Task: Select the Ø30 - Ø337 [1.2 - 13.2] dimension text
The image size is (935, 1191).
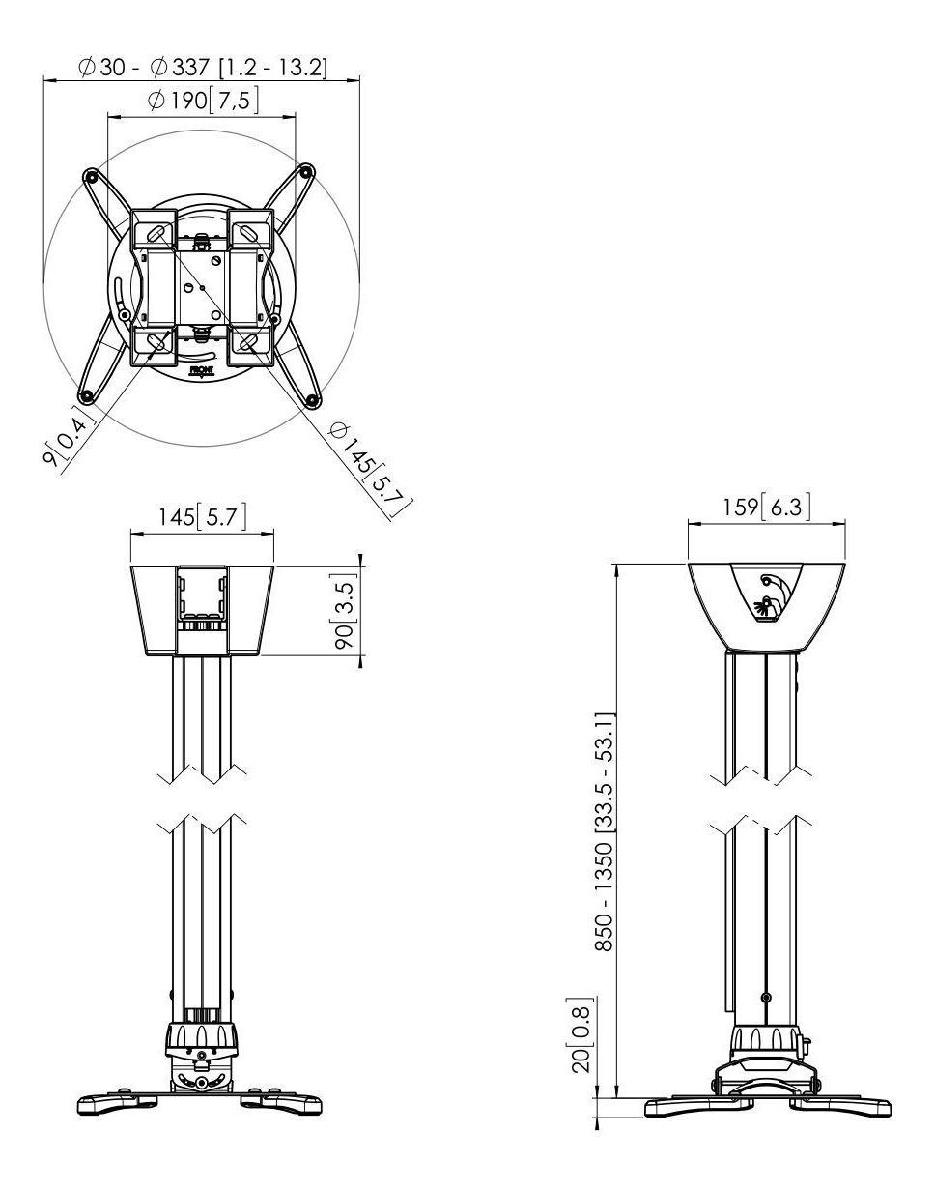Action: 203,68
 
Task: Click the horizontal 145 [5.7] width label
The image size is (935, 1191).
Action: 203,516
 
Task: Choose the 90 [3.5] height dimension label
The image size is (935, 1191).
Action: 346,611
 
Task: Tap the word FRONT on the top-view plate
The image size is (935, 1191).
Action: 201,370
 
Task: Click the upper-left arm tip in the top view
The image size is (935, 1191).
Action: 91,177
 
